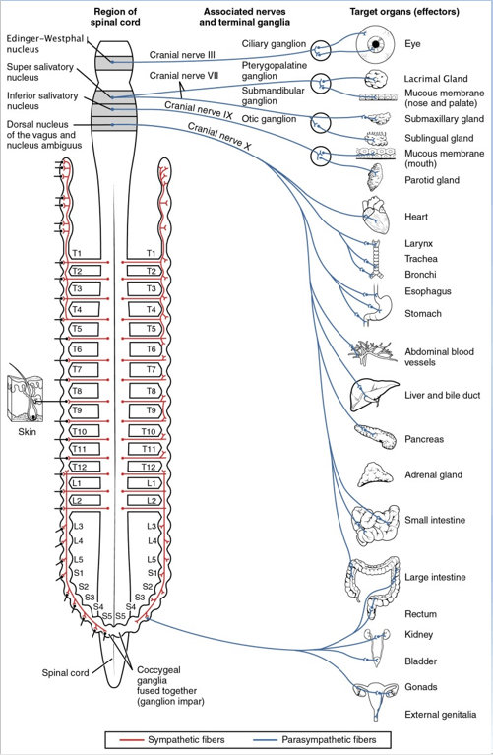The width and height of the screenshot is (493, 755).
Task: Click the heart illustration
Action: (376, 216)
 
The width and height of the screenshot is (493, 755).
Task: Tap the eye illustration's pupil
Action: (376, 44)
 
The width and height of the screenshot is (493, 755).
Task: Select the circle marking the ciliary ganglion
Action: (320, 50)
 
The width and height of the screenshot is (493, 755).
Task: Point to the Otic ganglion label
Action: (269, 119)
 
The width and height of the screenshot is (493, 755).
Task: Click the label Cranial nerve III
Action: (182, 55)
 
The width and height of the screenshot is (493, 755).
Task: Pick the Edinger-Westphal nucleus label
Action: (45, 44)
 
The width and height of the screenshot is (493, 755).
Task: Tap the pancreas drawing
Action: (375, 436)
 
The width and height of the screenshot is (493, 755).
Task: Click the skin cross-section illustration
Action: (26, 399)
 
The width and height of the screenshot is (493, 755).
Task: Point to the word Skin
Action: (27, 432)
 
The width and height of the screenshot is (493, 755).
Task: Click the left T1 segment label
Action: (77, 253)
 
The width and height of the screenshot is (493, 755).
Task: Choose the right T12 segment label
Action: (149, 467)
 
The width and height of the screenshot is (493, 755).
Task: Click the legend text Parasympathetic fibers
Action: (330, 740)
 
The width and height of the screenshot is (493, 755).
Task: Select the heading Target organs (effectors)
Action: (404, 12)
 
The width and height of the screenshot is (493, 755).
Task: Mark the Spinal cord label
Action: (66, 673)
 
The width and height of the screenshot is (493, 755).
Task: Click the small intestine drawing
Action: (375, 525)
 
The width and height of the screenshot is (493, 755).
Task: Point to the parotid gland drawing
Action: (375, 177)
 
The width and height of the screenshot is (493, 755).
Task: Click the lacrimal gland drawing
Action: (376, 78)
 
